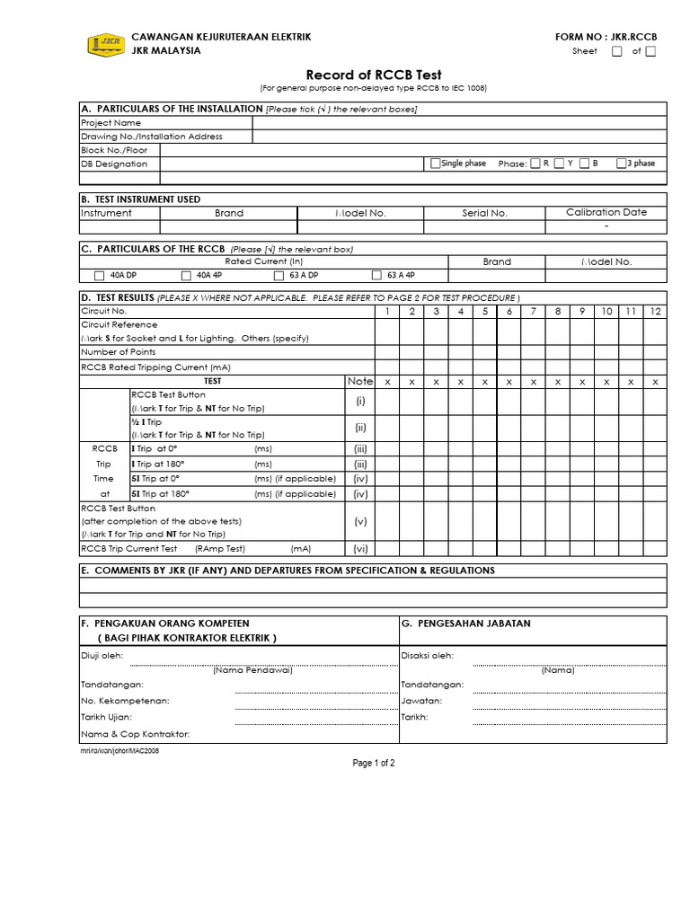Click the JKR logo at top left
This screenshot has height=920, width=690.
click(x=105, y=44)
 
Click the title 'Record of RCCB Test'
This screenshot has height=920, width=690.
click(x=374, y=75)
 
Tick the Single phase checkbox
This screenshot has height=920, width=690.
click(x=436, y=164)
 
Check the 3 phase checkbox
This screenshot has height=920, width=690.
click(x=621, y=164)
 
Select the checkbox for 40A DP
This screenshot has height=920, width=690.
click(x=100, y=276)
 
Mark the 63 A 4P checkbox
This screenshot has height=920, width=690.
click(x=376, y=276)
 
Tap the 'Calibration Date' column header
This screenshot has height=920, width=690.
click(x=606, y=213)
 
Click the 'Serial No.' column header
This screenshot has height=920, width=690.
click(x=485, y=214)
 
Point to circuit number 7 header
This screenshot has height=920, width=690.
click(x=533, y=311)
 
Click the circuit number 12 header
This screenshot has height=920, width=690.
click(x=655, y=311)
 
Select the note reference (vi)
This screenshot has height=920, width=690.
click(x=360, y=548)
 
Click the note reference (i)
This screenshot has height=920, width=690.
click(x=360, y=401)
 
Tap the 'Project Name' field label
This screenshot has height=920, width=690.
click(x=111, y=123)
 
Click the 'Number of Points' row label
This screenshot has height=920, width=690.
click(x=119, y=352)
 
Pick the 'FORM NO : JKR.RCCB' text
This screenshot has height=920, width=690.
click(x=606, y=37)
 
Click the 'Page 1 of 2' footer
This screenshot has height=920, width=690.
click(x=374, y=763)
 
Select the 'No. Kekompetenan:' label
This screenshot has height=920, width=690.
click(x=125, y=700)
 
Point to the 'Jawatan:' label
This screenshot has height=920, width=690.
click(x=420, y=700)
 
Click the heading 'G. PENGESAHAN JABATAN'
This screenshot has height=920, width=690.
click(x=465, y=624)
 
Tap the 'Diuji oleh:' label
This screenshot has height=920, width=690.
click(x=102, y=656)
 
